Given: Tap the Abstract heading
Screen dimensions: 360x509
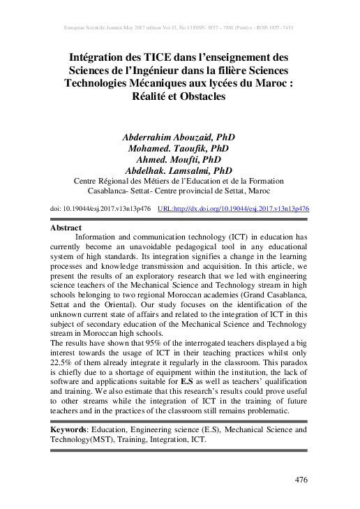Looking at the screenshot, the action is coord(66,228).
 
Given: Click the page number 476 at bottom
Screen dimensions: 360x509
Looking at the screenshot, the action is coord(301,480).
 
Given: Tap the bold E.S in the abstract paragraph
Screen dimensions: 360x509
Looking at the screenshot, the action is coord(186,383).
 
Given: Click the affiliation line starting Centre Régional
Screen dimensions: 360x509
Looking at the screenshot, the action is coord(181,179).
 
